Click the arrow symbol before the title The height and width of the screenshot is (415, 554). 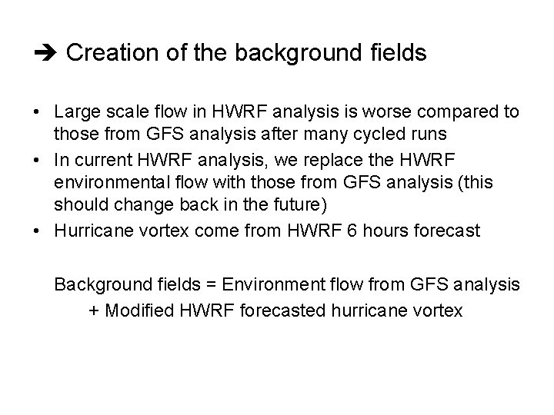(47, 54)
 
